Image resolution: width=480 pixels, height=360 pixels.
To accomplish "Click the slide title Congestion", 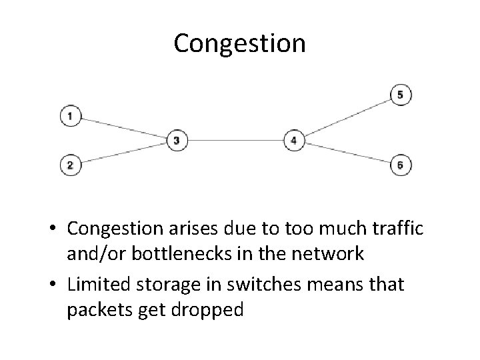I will click(239, 44).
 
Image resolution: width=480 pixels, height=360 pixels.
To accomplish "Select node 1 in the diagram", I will click(70, 117).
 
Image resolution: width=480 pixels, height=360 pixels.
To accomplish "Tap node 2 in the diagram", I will click(70, 164).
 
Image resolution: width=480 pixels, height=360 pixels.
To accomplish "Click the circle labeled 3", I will click(177, 141).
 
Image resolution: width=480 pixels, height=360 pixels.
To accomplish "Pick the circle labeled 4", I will click(294, 141).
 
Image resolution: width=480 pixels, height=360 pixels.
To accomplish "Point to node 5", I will click(400, 95).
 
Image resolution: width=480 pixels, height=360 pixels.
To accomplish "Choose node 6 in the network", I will click(400, 165).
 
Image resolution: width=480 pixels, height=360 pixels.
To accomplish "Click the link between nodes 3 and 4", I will click(235, 141).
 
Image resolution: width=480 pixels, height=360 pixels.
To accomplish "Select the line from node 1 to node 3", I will click(123, 129).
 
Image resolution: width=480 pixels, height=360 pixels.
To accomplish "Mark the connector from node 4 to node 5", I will click(347, 117).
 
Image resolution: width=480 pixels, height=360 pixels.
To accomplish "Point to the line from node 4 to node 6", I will click(347, 153).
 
